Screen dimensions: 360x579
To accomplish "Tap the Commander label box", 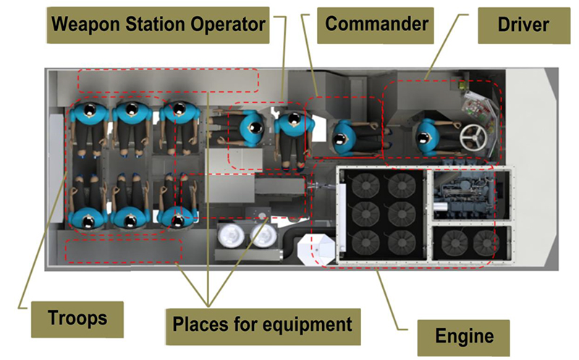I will pyautogui.click(x=376, y=25).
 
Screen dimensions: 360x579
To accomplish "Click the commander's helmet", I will pyautogui.click(x=343, y=135).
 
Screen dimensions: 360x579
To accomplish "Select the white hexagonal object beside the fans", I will pyautogui.click(x=316, y=251).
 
